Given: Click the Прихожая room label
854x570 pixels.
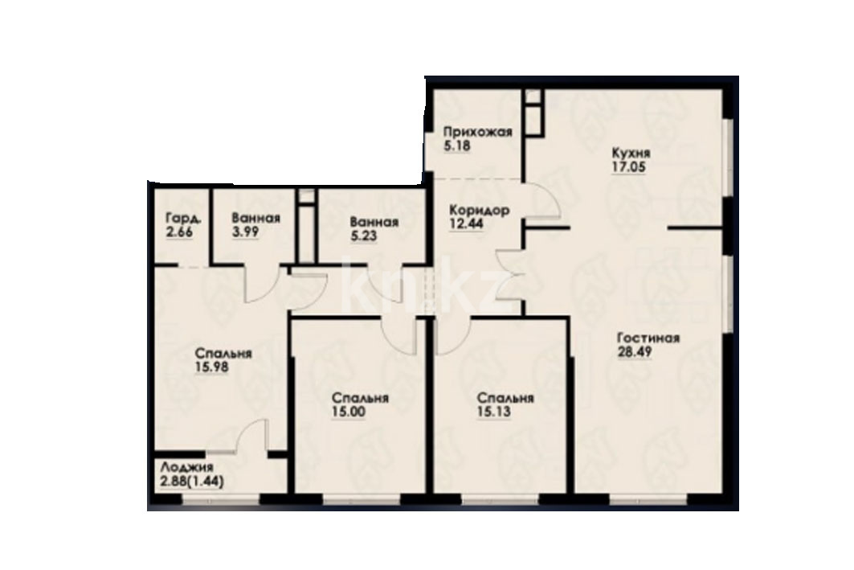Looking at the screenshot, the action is [477, 133].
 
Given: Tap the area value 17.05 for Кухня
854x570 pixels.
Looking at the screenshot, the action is [628, 166].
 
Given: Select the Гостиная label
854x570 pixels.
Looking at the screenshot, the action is [648, 338].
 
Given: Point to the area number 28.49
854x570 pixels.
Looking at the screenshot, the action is [634, 351].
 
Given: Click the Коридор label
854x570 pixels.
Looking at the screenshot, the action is [480, 210].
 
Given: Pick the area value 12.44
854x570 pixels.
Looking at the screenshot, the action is [466, 223].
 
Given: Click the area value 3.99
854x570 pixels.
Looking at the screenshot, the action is [245, 231].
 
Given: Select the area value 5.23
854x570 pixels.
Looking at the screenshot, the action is [364, 236].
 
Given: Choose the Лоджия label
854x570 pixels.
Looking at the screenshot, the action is [187, 468].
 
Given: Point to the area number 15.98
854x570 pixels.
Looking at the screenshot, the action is [211, 367].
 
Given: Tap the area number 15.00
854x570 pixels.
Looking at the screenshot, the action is [349, 412].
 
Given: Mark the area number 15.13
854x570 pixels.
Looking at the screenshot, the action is [493, 412].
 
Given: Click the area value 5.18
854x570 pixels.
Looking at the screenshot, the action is [456, 146].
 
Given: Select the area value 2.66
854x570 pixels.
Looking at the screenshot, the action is [180, 232].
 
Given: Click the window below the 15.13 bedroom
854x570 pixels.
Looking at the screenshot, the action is [501, 498].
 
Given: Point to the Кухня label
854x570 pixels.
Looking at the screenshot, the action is [631, 153].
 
